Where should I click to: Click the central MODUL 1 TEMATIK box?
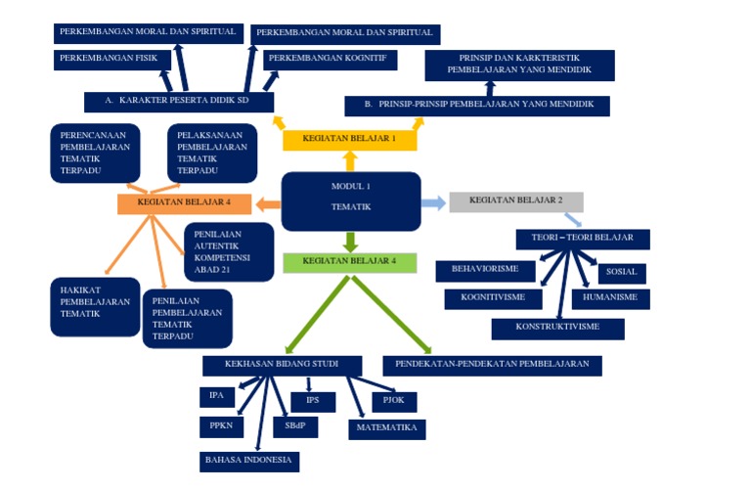350,200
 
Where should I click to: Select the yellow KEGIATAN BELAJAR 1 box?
349,140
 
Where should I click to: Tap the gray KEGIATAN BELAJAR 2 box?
515,201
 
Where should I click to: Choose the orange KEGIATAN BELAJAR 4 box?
184,203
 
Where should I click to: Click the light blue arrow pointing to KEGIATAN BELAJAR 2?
433,202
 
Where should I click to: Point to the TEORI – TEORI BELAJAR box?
582,239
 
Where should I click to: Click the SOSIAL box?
621,273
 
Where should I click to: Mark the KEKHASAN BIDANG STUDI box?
282,365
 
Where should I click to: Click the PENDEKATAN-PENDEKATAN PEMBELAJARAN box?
492,365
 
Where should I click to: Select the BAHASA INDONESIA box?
249,461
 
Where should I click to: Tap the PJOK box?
394,401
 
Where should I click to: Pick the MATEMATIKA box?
386,428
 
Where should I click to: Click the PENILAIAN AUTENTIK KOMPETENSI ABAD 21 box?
228,251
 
